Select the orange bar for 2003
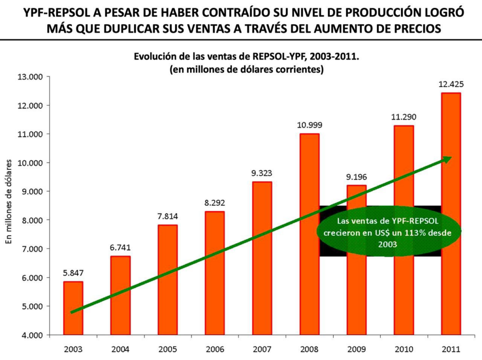[x=73, y=308]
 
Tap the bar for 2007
[x=262, y=258]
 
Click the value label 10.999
[x=309, y=125]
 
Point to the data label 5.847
[x=73, y=273]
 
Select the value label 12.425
[x=450, y=85]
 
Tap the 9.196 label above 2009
[x=356, y=177]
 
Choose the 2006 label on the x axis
[x=215, y=349]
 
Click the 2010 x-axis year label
[x=403, y=349]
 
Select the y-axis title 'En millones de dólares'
[x=9, y=201]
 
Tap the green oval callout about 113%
[x=389, y=231]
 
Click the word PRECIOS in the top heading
[x=414, y=28]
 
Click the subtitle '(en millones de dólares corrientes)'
[x=246, y=69]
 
